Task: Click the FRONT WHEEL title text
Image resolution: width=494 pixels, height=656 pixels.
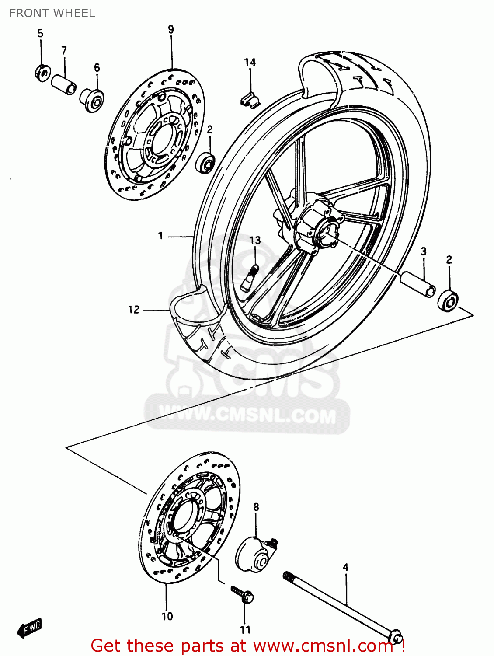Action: (x=52, y=13)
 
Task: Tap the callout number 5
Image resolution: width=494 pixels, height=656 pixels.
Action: (x=40, y=33)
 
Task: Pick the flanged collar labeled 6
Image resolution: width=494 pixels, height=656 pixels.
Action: (x=92, y=100)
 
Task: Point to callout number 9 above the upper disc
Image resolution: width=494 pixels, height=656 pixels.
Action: (x=171, y=29)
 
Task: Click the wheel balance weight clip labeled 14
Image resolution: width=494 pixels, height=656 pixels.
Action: (x=250, y=99)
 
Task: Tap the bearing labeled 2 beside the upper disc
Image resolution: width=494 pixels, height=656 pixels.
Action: (x=206, y=162)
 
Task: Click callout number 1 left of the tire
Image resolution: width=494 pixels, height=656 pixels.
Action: (x=160, y=236)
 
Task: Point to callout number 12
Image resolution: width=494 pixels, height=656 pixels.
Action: (x=133, y=310)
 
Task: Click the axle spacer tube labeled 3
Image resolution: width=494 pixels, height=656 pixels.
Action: (x=418, y=284)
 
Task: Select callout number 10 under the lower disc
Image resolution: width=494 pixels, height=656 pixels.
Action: (x=167, y=616)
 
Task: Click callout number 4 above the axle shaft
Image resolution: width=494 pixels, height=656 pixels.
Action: (x=345, y=567)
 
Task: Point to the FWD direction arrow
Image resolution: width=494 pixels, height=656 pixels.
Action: (x=29, y=628)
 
